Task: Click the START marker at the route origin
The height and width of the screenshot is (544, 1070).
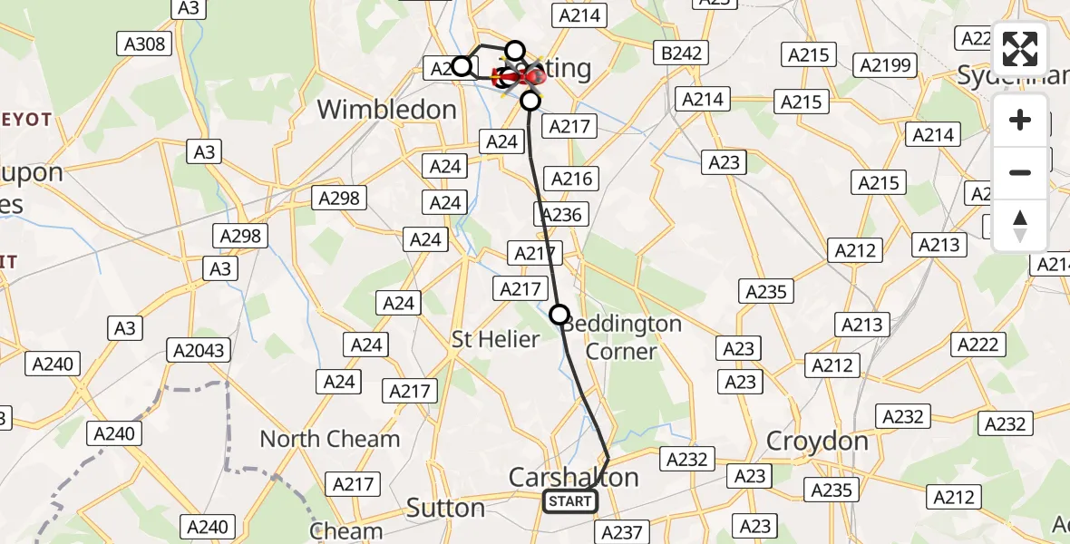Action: [569, 501]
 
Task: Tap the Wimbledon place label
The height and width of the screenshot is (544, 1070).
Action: [386, 110]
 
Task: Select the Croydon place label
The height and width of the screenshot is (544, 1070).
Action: [817, 442]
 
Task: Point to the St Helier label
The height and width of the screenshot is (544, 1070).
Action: [496, 340]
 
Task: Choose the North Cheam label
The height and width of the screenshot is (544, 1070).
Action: [329, 439]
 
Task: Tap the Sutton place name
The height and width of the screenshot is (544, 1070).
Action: [445, 508]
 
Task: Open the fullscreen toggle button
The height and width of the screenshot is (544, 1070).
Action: [1020, 49]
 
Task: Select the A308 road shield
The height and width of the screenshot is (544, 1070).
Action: [142, 44]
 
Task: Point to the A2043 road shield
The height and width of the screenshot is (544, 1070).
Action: [199, 351]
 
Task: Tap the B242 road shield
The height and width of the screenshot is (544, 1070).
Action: [681, 53]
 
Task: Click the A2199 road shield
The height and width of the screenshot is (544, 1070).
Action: [887, 65]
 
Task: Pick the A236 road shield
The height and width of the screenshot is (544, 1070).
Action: [561, 214]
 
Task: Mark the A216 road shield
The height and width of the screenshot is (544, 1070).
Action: [572, 179]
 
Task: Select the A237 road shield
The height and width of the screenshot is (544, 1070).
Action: [622, 533]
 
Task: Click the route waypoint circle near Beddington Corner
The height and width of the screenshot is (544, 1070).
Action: [559, 315]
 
